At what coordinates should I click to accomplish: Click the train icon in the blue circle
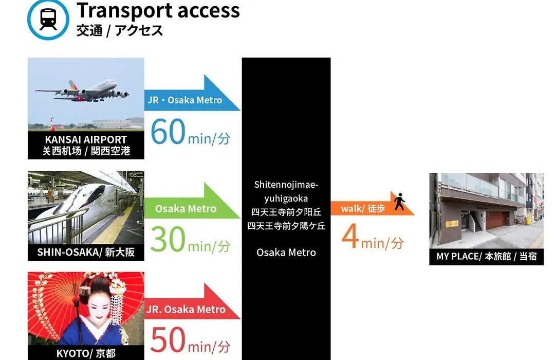click(48, 19)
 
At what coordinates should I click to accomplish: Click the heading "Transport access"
click(158, 10)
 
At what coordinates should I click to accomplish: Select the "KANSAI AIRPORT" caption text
click(86, 139)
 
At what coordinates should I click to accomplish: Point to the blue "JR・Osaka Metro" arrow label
click(185, 100)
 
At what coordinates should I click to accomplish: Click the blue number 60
click(168, 132)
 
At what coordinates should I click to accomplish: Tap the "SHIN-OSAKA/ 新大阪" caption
click(86, 253)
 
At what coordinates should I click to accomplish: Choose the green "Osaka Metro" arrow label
click(186, 209)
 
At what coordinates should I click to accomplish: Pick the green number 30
click(168, 239)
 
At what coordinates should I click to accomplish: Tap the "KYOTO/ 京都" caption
click(86, 353)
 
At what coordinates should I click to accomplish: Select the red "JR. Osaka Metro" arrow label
click(186, 309)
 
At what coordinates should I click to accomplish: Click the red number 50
click(168, 339)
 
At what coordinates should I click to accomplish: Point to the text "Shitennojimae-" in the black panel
click(286, 185)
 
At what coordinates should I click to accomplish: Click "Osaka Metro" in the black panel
click(286, 253)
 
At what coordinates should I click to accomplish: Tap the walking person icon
click(400, 202)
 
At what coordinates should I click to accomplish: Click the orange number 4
click(350, 237)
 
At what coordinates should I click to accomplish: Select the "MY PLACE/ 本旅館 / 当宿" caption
click(486, 256)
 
